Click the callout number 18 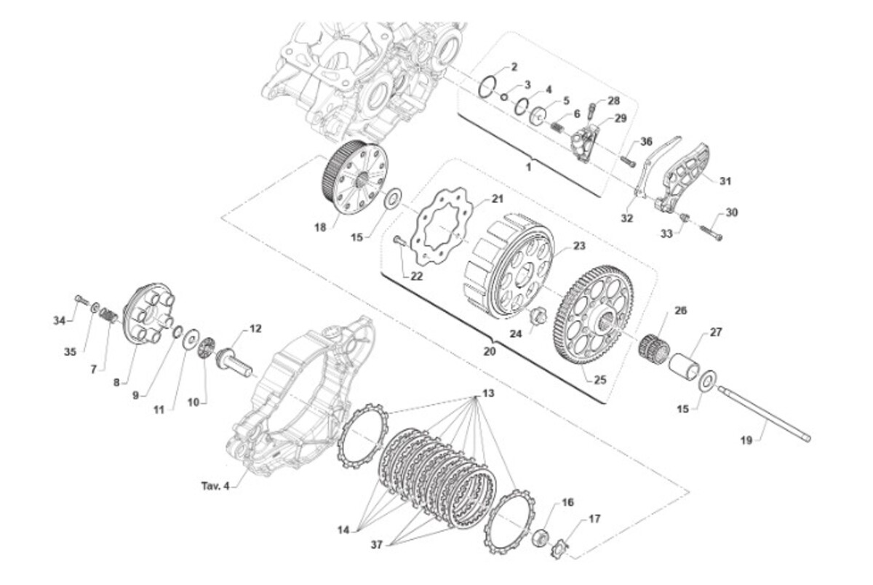tap(320, 227)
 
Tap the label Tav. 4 tap(215, 486)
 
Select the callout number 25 tap(600, 380)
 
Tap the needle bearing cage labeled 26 tap(653, 347)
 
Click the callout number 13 tap(488, 393)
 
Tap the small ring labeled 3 tap(504, 97)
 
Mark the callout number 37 tap(377, 544)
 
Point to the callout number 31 tap(725, 181)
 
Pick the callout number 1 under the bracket tap(528, 167)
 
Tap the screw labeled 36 tap(627, 161)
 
